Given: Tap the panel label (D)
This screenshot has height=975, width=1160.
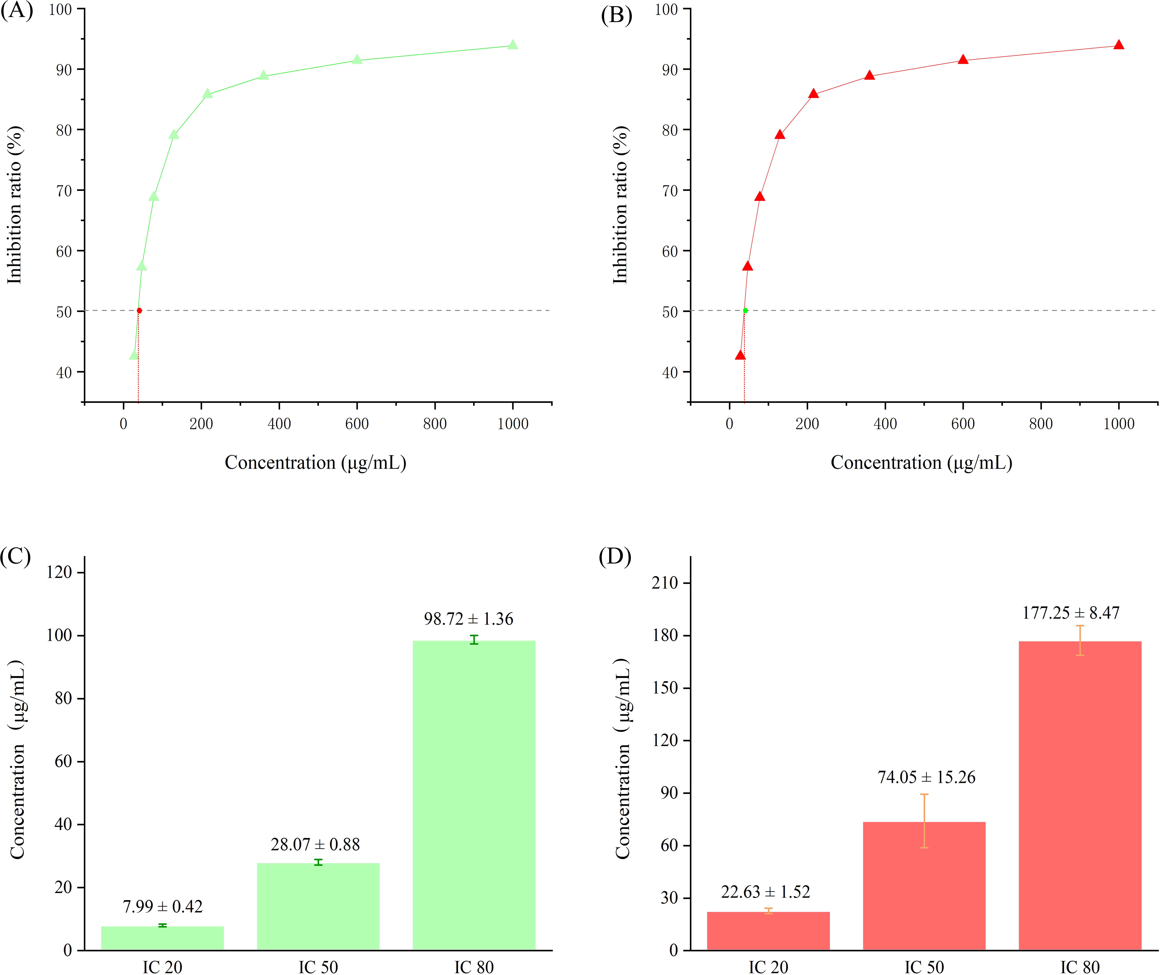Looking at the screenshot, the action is pyautogui.click(x=615, y=556).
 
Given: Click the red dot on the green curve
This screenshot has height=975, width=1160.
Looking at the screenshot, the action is pyautogui.click(x=139, y=311).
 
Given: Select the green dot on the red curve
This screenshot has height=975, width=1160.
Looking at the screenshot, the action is pyautogui.click(x=746, y=311).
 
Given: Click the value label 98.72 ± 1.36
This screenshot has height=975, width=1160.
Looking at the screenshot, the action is pyautogui.click(x=469, y=619).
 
